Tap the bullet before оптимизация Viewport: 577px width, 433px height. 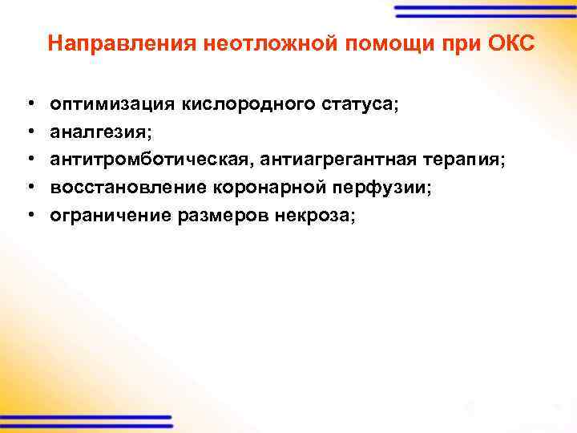pos(29,105)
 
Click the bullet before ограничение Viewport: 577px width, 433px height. pos(29,216)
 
